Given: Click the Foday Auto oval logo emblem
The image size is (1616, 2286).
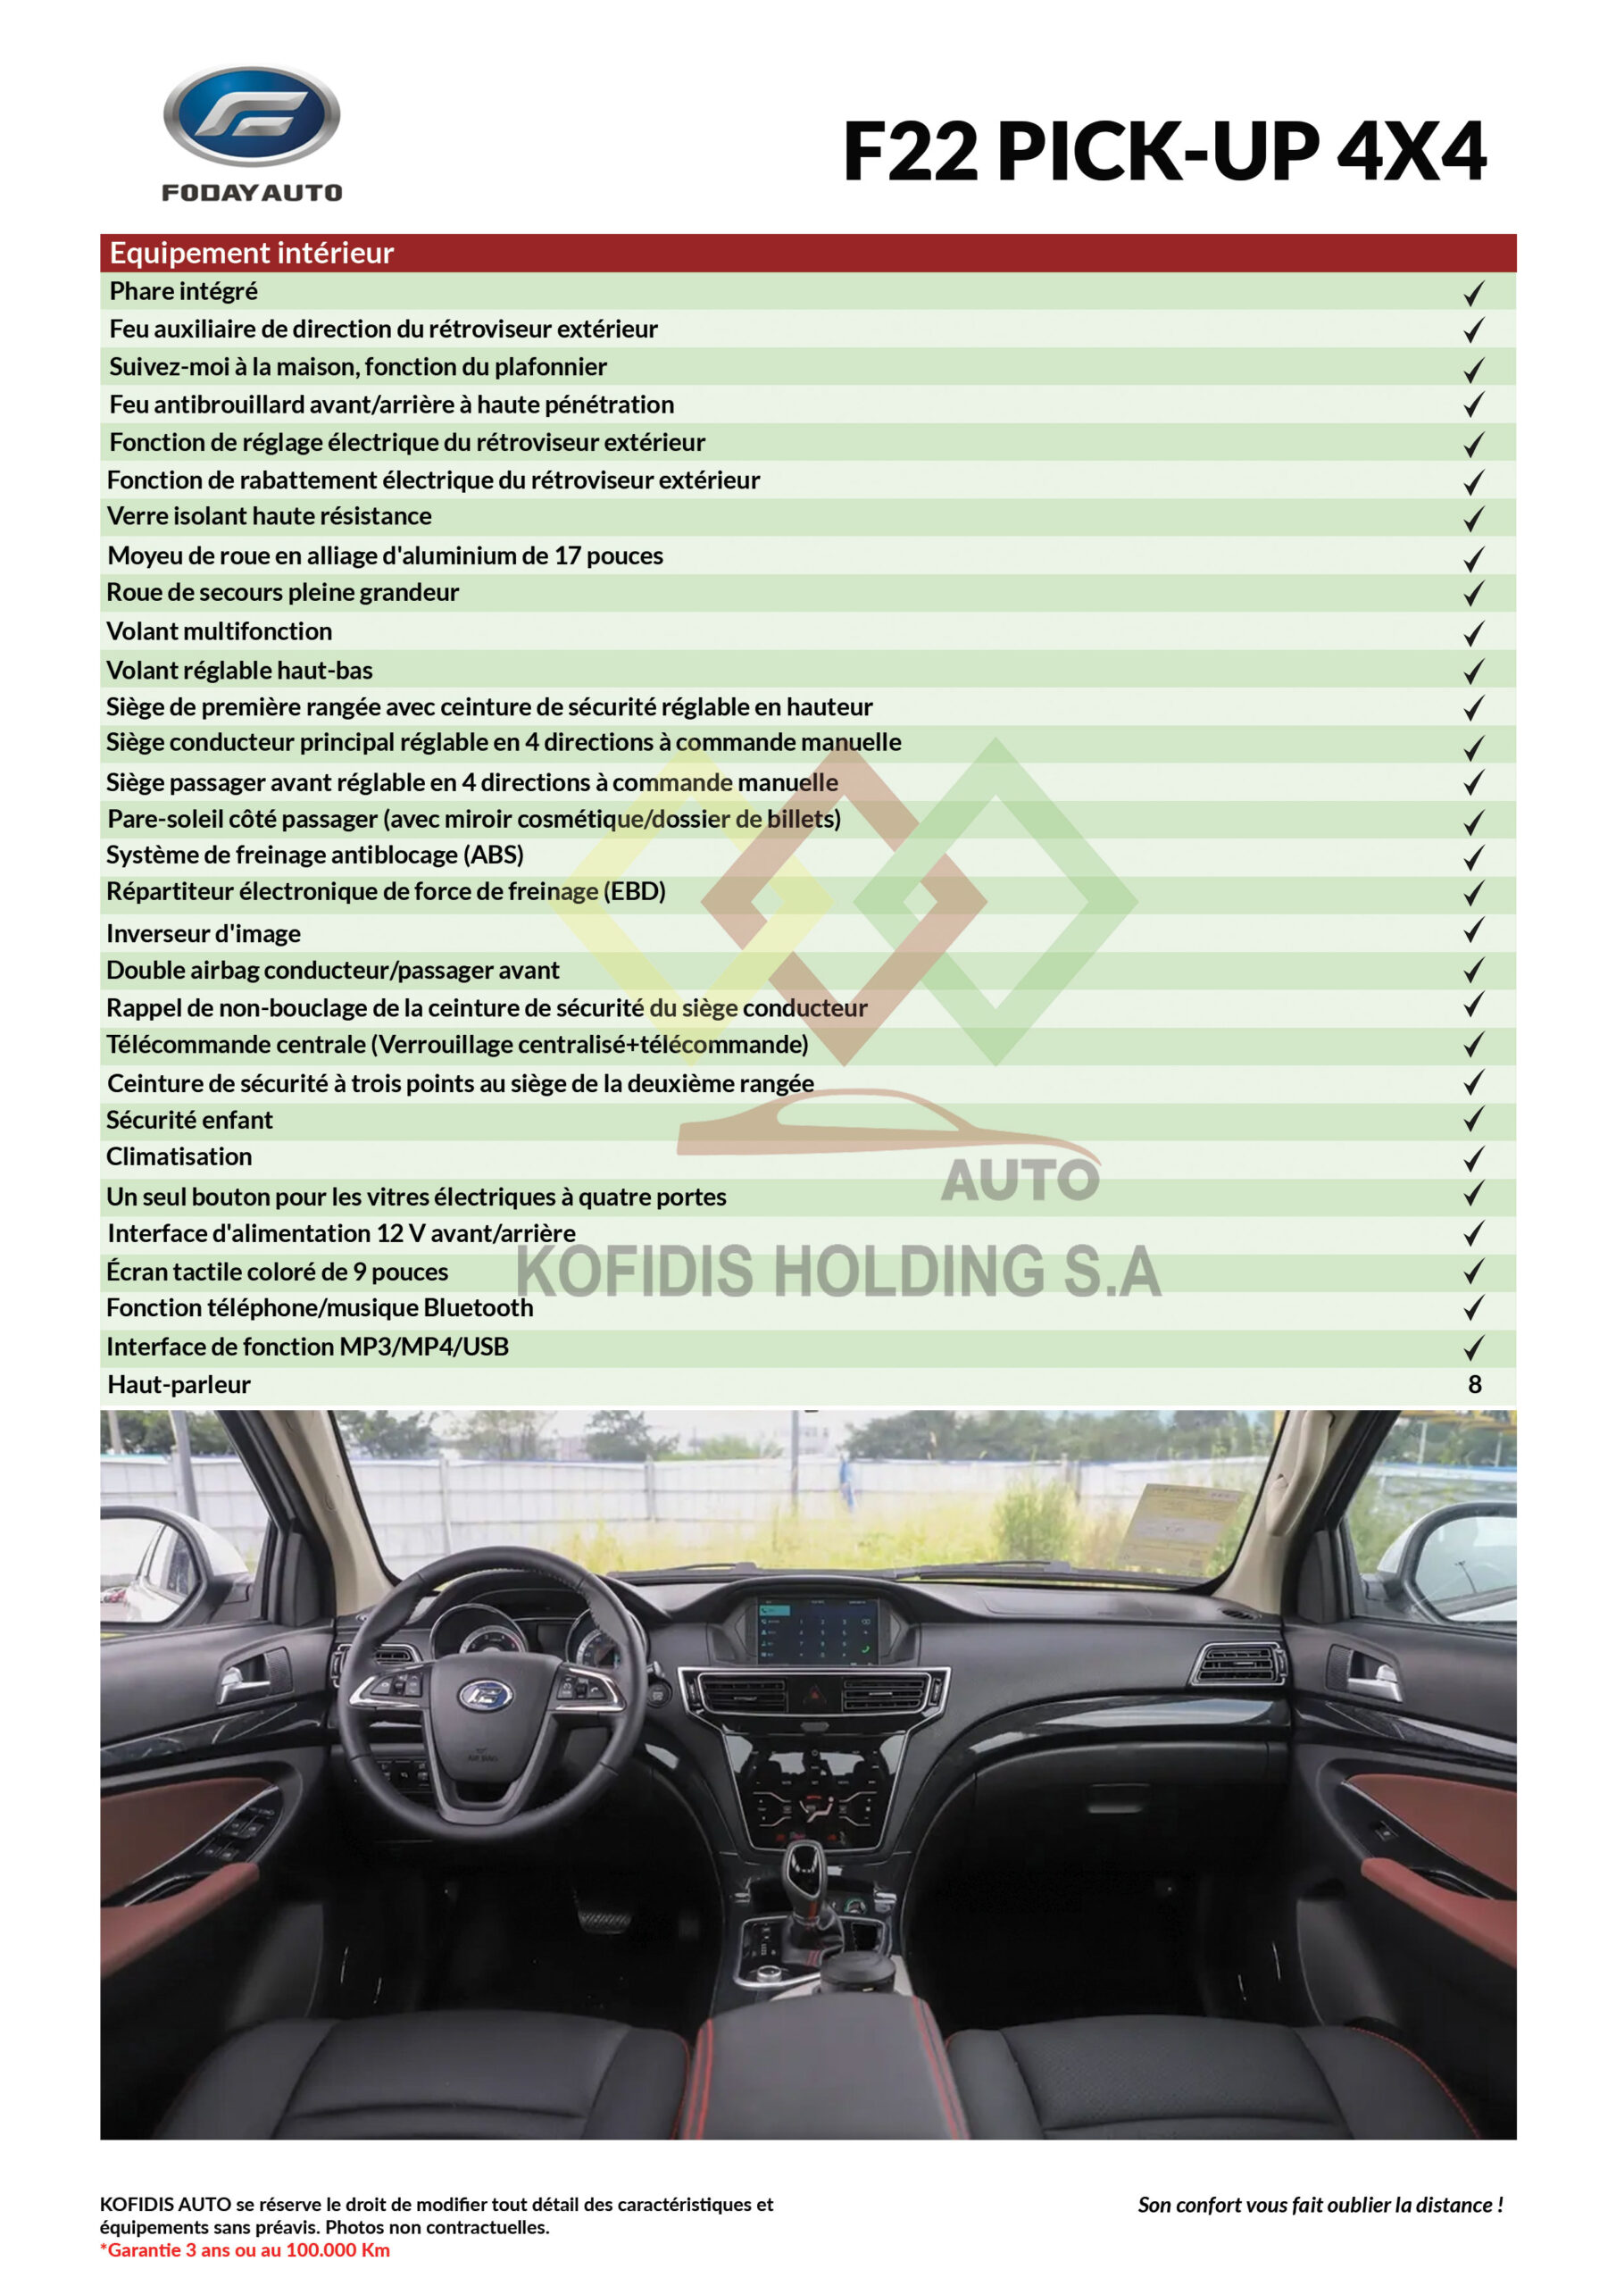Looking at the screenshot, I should pos(251,115).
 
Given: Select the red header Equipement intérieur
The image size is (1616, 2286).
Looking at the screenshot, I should pos(251,253).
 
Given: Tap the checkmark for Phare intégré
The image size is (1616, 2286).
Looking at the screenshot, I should pos(1474,293).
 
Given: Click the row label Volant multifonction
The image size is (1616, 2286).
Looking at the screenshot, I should pos(219,631).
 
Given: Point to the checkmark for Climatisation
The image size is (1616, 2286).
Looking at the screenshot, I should pos(1474,1158).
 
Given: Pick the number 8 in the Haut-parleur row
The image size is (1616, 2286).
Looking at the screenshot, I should pos(1475,1384).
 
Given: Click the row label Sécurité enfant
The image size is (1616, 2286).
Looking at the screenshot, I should pos(189,1120).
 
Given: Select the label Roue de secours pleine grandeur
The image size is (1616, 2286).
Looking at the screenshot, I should pos(283,592).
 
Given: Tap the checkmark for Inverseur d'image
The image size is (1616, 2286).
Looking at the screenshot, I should pos(1474,931).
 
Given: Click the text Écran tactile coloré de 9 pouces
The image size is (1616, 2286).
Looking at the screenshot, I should pos(277,1272).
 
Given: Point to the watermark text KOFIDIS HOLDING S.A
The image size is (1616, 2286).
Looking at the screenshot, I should pos(838,1272).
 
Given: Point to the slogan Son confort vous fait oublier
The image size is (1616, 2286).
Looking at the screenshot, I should pos(1320,2206).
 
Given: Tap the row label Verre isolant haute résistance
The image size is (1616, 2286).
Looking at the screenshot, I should pos(269,516).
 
